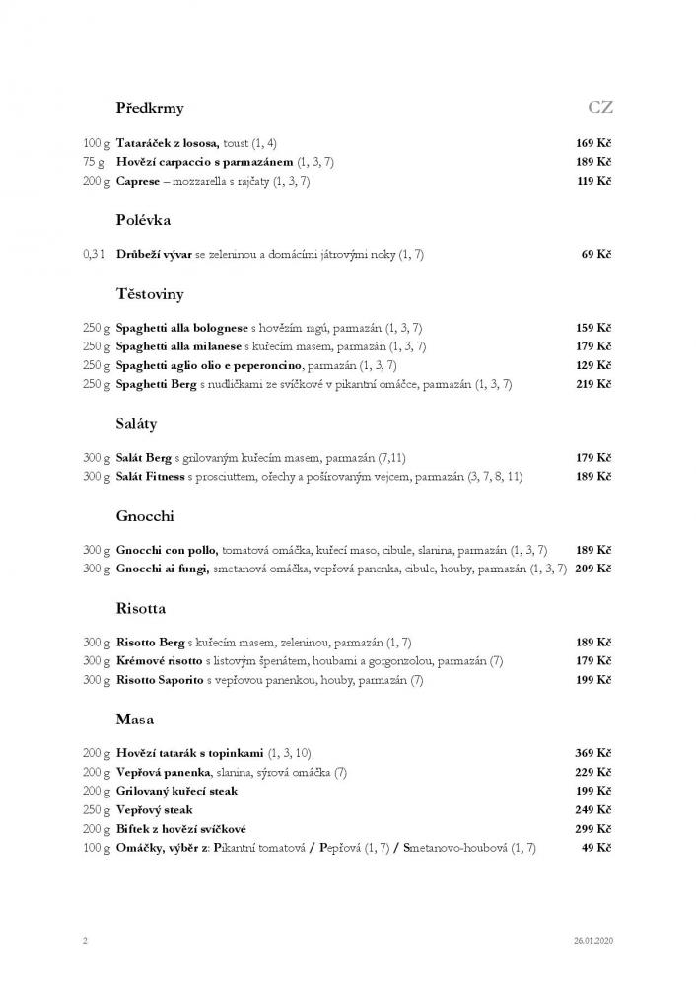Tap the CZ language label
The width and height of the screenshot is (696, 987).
(x=600, y=107)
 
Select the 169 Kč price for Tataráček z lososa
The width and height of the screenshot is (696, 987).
(x=593, y=144)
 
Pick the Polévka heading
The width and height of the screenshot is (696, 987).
(x=143, y=220)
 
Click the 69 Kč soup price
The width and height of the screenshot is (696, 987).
(x=596, y=254)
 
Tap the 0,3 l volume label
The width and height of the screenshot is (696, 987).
(x=94, y=254)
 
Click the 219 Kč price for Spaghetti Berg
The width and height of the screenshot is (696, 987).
(x=593, y=384)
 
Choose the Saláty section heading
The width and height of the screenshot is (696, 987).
(x=137, y=424)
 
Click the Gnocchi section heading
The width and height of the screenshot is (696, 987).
(x=145, y=516)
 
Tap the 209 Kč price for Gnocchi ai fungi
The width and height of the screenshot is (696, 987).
(x=593, y=569)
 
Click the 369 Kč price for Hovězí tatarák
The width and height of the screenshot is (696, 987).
(x=593, y=753)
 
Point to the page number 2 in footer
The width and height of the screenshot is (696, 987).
(x=85, y=940)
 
